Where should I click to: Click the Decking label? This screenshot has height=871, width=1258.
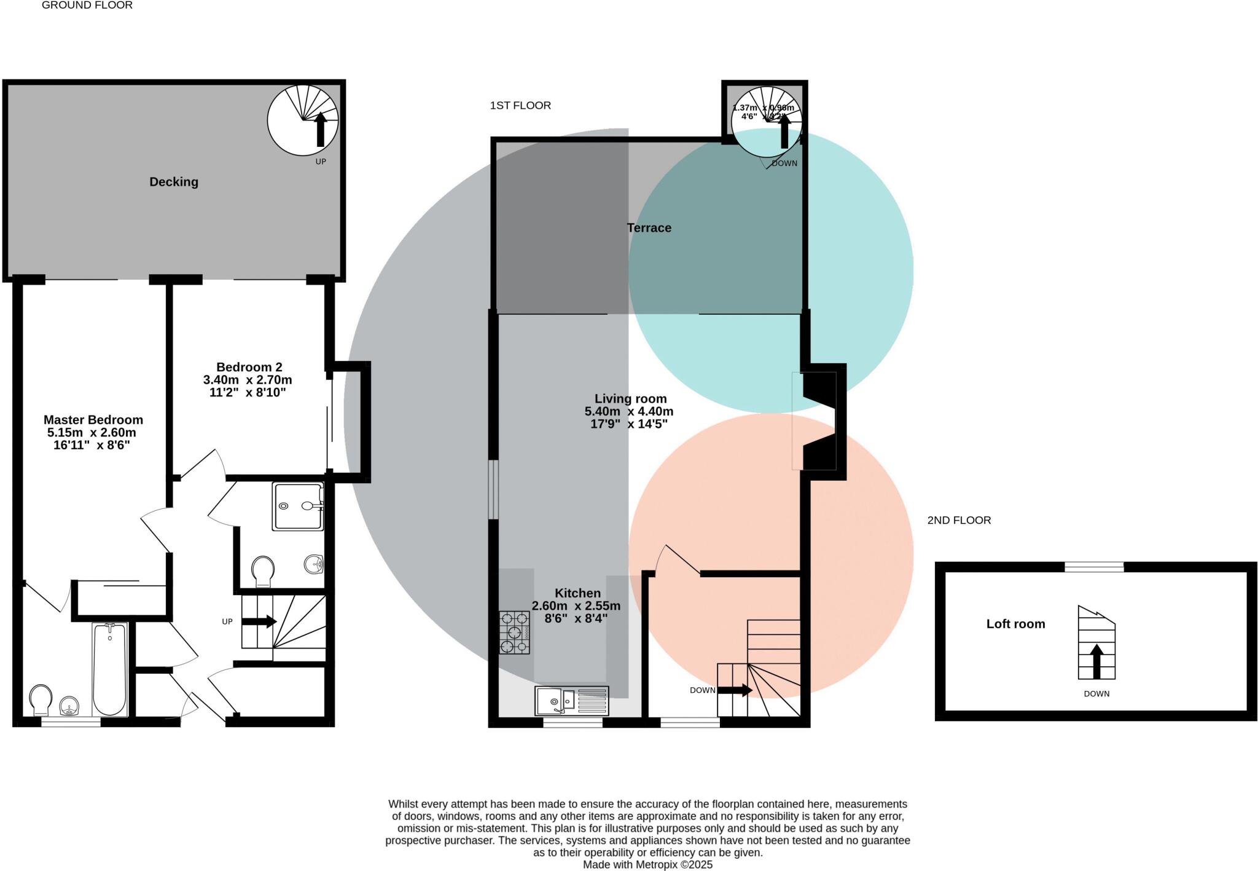[x=174, y=182]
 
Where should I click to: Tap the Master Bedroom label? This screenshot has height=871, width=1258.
[x=93, y=420]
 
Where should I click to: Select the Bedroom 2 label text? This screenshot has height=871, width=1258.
[x=249, y=367]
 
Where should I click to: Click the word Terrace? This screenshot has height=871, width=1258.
[x=649, y=228]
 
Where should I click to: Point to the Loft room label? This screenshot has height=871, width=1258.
[x=1015, y=624]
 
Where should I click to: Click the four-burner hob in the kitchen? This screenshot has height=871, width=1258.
[x=514, y=633]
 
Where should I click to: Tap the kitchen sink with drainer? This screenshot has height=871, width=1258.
[x=572, y=701]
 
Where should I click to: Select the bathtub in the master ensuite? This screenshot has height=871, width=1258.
[x=110, y=669]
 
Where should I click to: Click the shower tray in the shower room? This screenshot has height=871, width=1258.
[x=298, y=506]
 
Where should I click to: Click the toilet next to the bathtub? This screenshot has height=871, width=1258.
[x=41, y=700]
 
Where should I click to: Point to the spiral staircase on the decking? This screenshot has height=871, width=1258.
[x=303, y=120]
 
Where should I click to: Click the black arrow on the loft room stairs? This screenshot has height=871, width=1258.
[x=1096, y=661]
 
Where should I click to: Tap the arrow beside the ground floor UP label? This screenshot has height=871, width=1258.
[x=259, y=622]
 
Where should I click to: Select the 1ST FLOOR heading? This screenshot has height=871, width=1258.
[x=520, y=106]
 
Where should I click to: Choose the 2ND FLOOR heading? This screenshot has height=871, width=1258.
[x=959, y=520]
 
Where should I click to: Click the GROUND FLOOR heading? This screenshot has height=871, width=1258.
[x=87, y=5]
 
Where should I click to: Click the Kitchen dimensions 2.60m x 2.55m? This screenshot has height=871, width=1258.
[x=576, y=606]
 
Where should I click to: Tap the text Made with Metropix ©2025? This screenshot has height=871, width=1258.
[x=647, y=864]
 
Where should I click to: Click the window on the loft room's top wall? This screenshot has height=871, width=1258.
[x=1094, y=567]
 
